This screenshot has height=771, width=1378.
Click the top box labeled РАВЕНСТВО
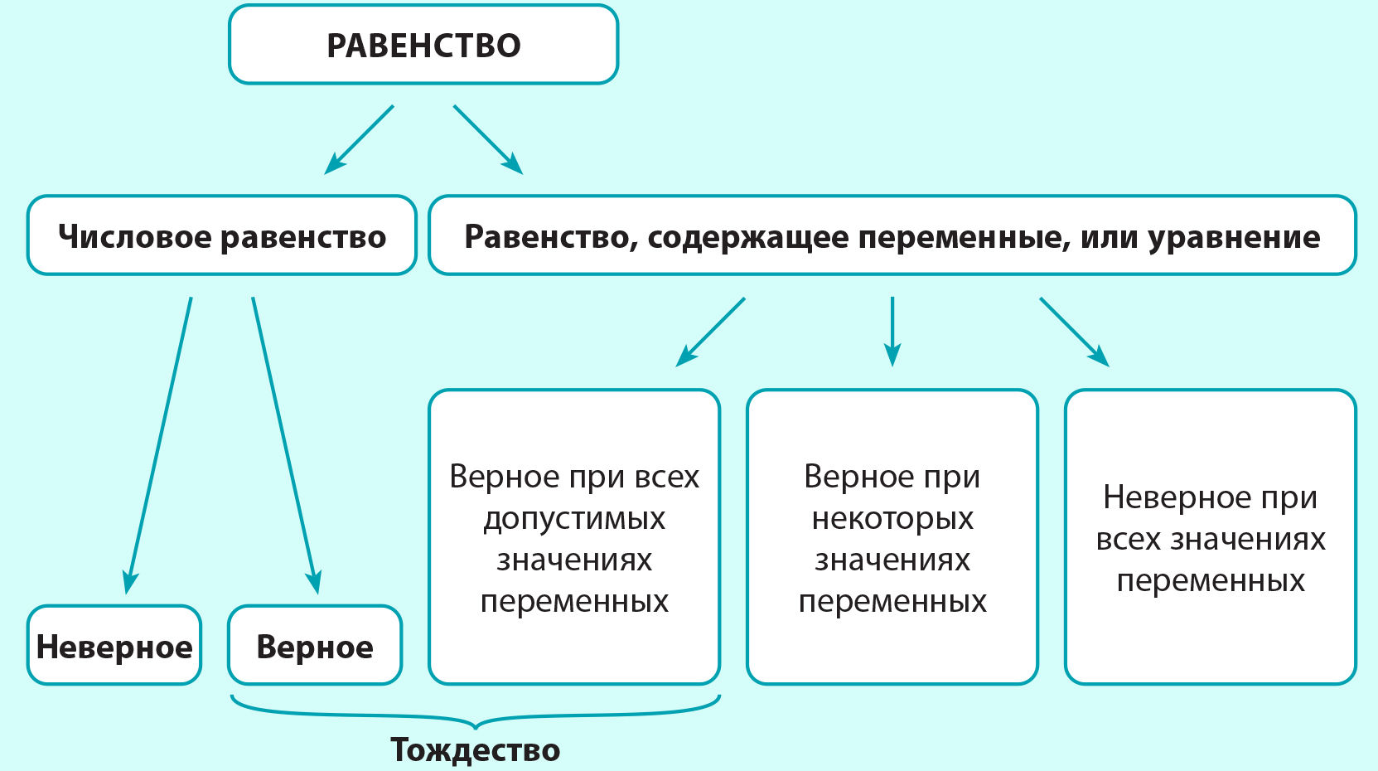(x=423, y=44)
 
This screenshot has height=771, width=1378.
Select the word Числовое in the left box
(x=135, y=236)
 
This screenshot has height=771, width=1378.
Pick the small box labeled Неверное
(x=114, y=645)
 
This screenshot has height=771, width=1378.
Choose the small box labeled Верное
(x=315, y=645)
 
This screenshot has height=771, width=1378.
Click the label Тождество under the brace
(x=475, y=749)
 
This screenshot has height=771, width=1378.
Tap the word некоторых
(x=892, y=518)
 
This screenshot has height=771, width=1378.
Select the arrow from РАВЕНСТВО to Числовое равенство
(x=359, y=139)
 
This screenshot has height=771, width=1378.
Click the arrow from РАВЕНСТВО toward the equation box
(x=488, y=139)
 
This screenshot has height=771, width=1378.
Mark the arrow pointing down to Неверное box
(x=159, y=445)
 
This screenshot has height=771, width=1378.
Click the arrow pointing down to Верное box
(x=287, y=445)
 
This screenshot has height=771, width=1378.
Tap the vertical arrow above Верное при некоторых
(x=892, y=332)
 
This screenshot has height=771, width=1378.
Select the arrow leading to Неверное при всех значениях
(x=1075, y=332)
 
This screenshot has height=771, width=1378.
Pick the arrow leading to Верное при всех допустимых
(x=710, y=332)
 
